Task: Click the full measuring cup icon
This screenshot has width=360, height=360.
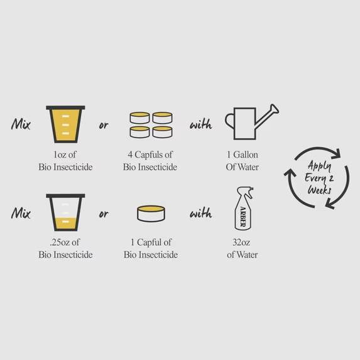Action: [x=65, y=124]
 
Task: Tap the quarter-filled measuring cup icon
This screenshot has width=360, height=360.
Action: [x=65, y=212]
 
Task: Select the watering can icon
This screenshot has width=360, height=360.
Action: [x=252, y=122]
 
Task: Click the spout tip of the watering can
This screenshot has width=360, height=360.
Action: [x=275, y=109]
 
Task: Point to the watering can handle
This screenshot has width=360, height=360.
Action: [x=229, y=121]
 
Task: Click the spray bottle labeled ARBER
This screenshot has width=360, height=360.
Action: [x=244, y=209]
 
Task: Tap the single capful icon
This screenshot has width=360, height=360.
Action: [x=151, y=214]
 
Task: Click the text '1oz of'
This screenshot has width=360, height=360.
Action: [x=65, y=155]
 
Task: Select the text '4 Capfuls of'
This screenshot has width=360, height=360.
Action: [x=150, y=155]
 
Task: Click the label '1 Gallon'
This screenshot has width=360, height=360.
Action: [x=243, y=155]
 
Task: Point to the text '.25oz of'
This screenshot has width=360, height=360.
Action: [x=65, y=243]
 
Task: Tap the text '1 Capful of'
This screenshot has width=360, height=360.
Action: [x=151, y=243]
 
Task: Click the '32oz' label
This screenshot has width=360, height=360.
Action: [x=241, y=243]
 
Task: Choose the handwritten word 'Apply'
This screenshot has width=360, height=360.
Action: [x=319, y=166]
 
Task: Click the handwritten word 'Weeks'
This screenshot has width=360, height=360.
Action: [x=319, y=190]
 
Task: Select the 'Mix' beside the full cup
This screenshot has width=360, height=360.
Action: [x=21, y=124]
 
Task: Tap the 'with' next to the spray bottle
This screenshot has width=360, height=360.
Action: [x=201, y=213]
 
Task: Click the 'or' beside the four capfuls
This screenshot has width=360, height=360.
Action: [x=104, y=125]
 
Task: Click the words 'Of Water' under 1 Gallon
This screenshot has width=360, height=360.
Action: [x=243, y=167]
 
